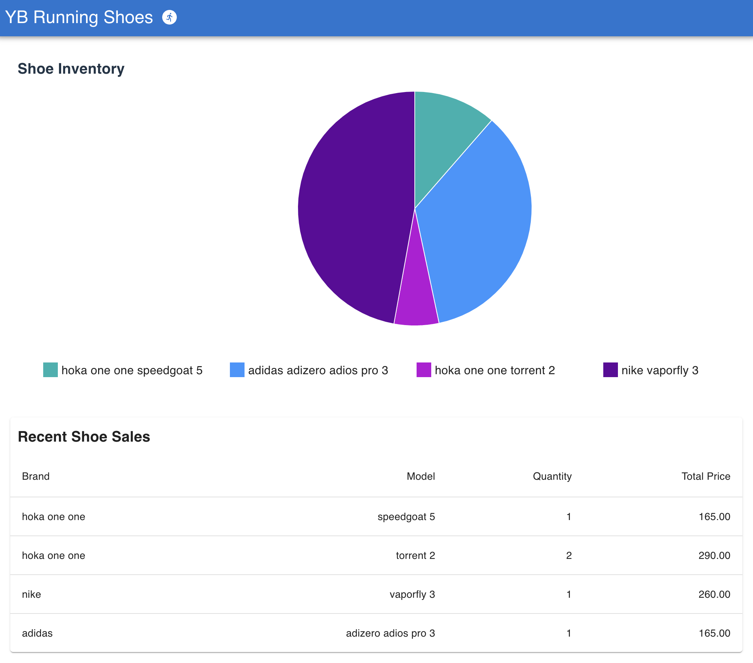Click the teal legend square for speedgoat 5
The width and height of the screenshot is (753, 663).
pyautogui.click(x=51, y=370)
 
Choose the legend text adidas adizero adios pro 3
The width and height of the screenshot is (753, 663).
pyautogui.click(x=317, y=370)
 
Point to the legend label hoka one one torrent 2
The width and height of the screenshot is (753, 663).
pyautogui.click(x=495, y=370)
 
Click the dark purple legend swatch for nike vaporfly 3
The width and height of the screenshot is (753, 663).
pyautogui.click(x=610, y=370)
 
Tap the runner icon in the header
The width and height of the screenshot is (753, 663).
pyautogui.click(x=169, y=17)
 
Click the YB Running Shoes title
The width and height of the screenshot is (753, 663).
pyautogui.click(x=79, y=17)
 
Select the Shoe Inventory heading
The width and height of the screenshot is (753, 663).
pyautogui.click(x=71, y=69)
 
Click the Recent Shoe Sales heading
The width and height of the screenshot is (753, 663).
pyautogui.click(x=84, y=437)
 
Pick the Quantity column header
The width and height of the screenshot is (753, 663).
pyautogui.click(x=552, y=476)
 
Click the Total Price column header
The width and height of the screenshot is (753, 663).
pyautogui.click(x=705, y=476)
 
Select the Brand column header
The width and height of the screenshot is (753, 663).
pyautogui.click(x=36, y=476)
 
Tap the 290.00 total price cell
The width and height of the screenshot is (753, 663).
pyautogui.click(x=714, y=555)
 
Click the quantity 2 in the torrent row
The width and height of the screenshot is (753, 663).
pyautogui.click(x=569, y=555)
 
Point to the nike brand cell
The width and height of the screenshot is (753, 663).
pyautogui.click(x=31, y=594)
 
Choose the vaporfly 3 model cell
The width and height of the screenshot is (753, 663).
pyautogui.click(x=412, y=594)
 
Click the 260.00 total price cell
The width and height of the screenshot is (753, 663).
pyautogui.click(x=714, y=594)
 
